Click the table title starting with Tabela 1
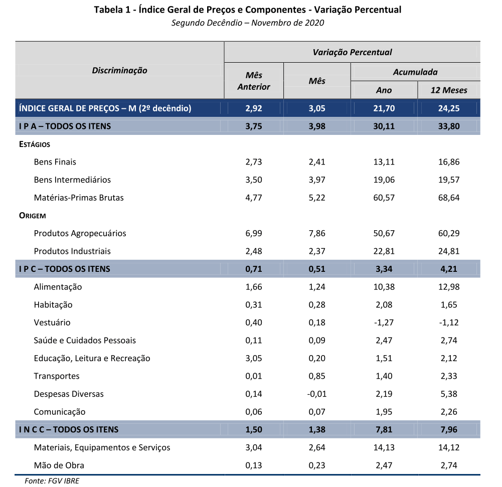pos(247,10)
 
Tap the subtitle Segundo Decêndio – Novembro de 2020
pos(247,23)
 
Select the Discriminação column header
pos(119,70)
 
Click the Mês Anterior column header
pos(254,81)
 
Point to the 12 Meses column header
pos(448,90)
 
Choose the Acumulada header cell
pos(415,72)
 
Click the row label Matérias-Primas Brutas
pos(79,198)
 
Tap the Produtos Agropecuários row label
pos(80,233)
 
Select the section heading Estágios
pos(35,144)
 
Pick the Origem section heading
pos(32,216)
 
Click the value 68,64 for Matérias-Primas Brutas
pos(449,198)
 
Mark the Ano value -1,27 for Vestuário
pos(384,322)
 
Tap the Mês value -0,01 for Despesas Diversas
pos(317,394)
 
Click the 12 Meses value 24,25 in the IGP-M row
pos(449,108)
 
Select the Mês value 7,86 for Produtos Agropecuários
pos(317,233)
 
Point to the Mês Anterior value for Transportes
pos(254,376)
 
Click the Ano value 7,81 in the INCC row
pos(384,429)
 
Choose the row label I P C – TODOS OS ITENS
pos(64,269)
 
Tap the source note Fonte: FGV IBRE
pos(52,480)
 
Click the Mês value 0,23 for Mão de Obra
pos(317,465)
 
